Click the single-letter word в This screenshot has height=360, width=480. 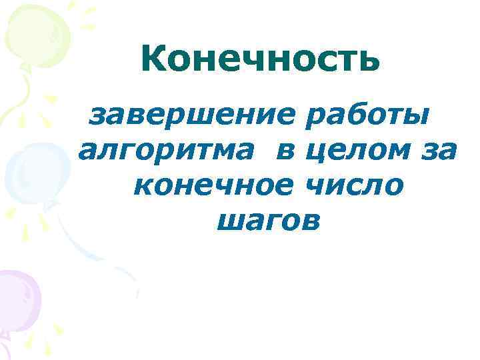coord(284,152)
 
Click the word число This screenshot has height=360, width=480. coord(359,185)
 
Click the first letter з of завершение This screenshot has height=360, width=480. coord(97,117)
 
